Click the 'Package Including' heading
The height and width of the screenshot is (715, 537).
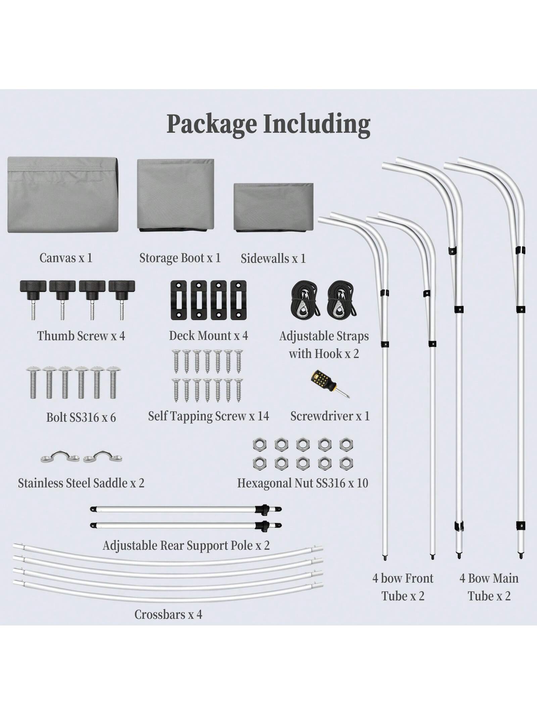point(268,124)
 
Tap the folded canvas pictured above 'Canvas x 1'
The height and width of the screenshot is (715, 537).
point(63,195)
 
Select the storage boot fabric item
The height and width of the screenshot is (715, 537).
point(176,194)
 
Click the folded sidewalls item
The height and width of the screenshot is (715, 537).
point(273,207)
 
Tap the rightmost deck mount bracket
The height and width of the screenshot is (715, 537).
point(238,300)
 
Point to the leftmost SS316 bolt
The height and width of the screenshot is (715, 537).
point(33,382)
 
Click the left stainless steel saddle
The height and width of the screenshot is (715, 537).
point(60,457)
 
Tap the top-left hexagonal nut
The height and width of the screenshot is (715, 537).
point(259,445)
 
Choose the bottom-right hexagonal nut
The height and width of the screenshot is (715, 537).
point(346,463)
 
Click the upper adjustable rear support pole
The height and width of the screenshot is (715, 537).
point(186,509)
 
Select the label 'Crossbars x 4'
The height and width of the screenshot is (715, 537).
point(168,614)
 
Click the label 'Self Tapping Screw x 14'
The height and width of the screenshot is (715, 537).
point(208,416)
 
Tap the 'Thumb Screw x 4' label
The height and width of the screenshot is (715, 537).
point(81,336)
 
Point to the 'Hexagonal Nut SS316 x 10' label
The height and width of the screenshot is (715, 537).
point(302,483)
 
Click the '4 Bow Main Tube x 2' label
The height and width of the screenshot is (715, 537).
point(489,587)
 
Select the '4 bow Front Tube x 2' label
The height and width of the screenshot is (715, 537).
point(403,587)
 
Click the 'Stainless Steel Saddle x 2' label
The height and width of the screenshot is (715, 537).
point(81,483)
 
